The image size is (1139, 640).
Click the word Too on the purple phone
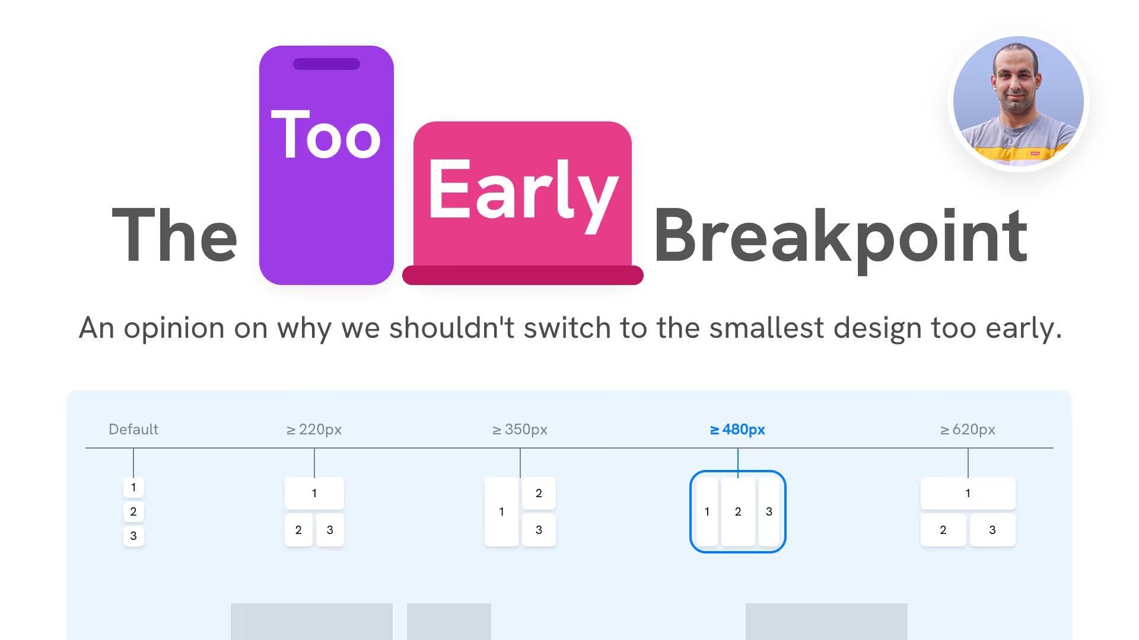326,136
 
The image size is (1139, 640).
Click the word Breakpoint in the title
840,236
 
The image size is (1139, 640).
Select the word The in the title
175,236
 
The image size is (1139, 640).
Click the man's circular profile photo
1018,102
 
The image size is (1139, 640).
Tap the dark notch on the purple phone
326,64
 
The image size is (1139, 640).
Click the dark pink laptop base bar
523,275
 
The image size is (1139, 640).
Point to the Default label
133,429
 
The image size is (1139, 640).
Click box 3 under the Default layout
133,536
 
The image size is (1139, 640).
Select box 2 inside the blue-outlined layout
738,511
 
